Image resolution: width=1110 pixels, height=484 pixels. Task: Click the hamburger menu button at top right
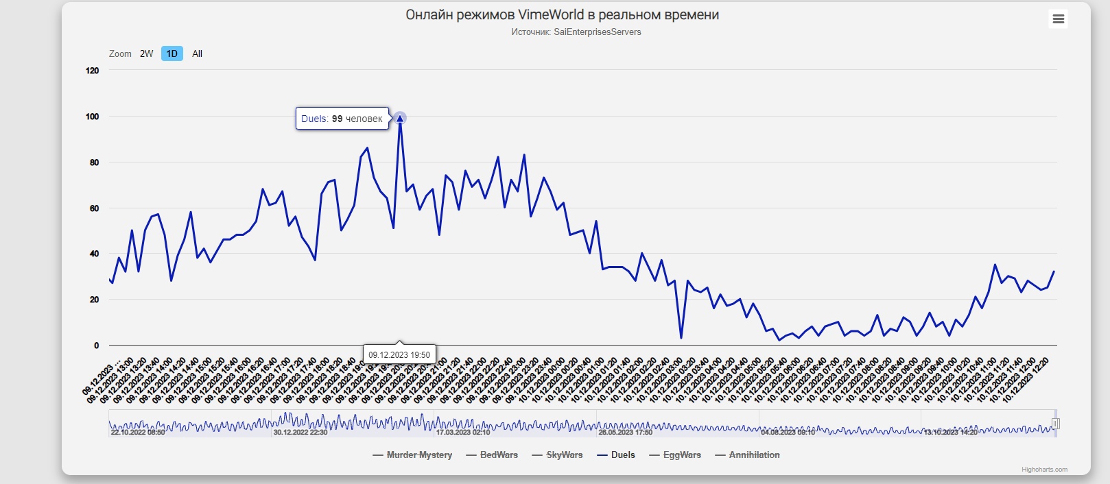pyautogui.click(x=1059, y=19)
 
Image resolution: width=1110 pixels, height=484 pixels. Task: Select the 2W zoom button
pyautogui.click(x=146, y=53)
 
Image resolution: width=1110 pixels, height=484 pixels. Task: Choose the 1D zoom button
pyautogui.click(x=172, y=53)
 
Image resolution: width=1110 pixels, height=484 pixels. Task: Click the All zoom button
pyautogui.click(x=197, y=53)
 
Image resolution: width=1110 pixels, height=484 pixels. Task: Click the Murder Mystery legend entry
pyautogui.click(x=419, y=455)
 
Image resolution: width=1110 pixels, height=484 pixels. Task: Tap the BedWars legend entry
pyautogui.click(x=499, y=455)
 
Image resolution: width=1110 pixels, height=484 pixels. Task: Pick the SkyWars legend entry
pyautogui.click(x=564, y=455)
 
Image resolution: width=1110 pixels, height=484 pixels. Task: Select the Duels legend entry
pyautogui.click(x=623, y=455)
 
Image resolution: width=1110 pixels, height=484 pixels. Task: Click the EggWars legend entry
pyautogui.click(x=682, y=455)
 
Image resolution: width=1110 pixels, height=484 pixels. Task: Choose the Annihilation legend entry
pyautogui.click(x=754, y=455)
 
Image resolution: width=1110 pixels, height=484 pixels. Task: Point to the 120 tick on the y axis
pyautogui.click(x=92, y=71)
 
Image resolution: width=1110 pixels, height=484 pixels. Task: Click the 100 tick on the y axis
pyautogui.click(x=92, y=117)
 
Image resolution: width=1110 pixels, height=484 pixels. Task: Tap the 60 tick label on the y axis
pyautogui.click(x=94, y=208)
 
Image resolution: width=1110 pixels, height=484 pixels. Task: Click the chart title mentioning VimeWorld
pyautogui.click(x=562, y=15)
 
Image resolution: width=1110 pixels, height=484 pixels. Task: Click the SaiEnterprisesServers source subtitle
pyautogui.click(x=576, y=32)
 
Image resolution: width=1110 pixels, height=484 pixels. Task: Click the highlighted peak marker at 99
pyautogui.click(x=400, y=119)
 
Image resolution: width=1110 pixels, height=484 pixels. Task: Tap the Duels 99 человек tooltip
pyautogui.click(x=342, y=119)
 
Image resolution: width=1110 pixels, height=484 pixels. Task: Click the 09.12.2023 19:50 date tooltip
pyautogui.click(x=399, y=354)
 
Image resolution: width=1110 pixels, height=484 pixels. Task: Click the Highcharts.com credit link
pyautogui.click(x=1044, y=470)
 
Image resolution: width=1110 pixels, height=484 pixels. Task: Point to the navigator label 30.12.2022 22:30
pyautogui.click(x=300, y=433)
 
